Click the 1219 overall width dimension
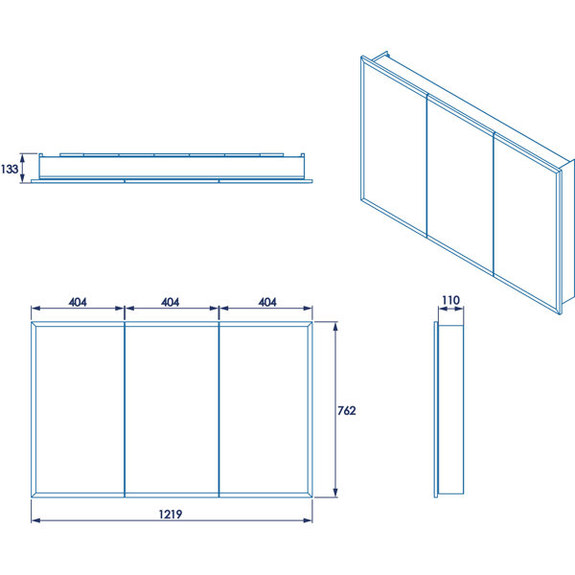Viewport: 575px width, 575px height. click(x=171, y=514)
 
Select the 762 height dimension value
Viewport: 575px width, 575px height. click(x=347, y=410)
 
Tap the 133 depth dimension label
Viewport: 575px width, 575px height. click(x=10, y=169)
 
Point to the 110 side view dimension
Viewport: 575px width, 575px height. click(x=450, y=300)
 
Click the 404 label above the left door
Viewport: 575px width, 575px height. click(x=78, y=302)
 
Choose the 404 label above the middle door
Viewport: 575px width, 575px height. click(x=171, y=302)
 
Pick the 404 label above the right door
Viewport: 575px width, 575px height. click(x=267, y=302)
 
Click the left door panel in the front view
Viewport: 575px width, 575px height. click(x=79, y=409)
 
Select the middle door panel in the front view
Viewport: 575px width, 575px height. click(x=172, y=409)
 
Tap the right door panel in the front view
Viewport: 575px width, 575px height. click(x=265, y=409)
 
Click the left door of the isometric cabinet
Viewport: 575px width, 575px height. click(x=394, y=147)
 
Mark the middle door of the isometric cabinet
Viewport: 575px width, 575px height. click(x=461, y=185)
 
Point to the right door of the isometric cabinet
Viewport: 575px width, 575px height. click(x=527, y=223)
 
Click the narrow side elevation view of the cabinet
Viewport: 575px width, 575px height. click(x=449, y=409)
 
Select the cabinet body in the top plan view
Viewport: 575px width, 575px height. click(x=172, y=168)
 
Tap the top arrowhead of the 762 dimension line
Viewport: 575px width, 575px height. click(x=335, y=327)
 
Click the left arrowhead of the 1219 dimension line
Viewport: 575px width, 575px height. click(x=36, y=520)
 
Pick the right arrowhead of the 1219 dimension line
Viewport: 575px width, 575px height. click(x=308, y=520)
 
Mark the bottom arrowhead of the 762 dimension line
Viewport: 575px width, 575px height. click(x=335, y=493)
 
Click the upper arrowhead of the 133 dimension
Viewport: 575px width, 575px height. click(x=22, y=158)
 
